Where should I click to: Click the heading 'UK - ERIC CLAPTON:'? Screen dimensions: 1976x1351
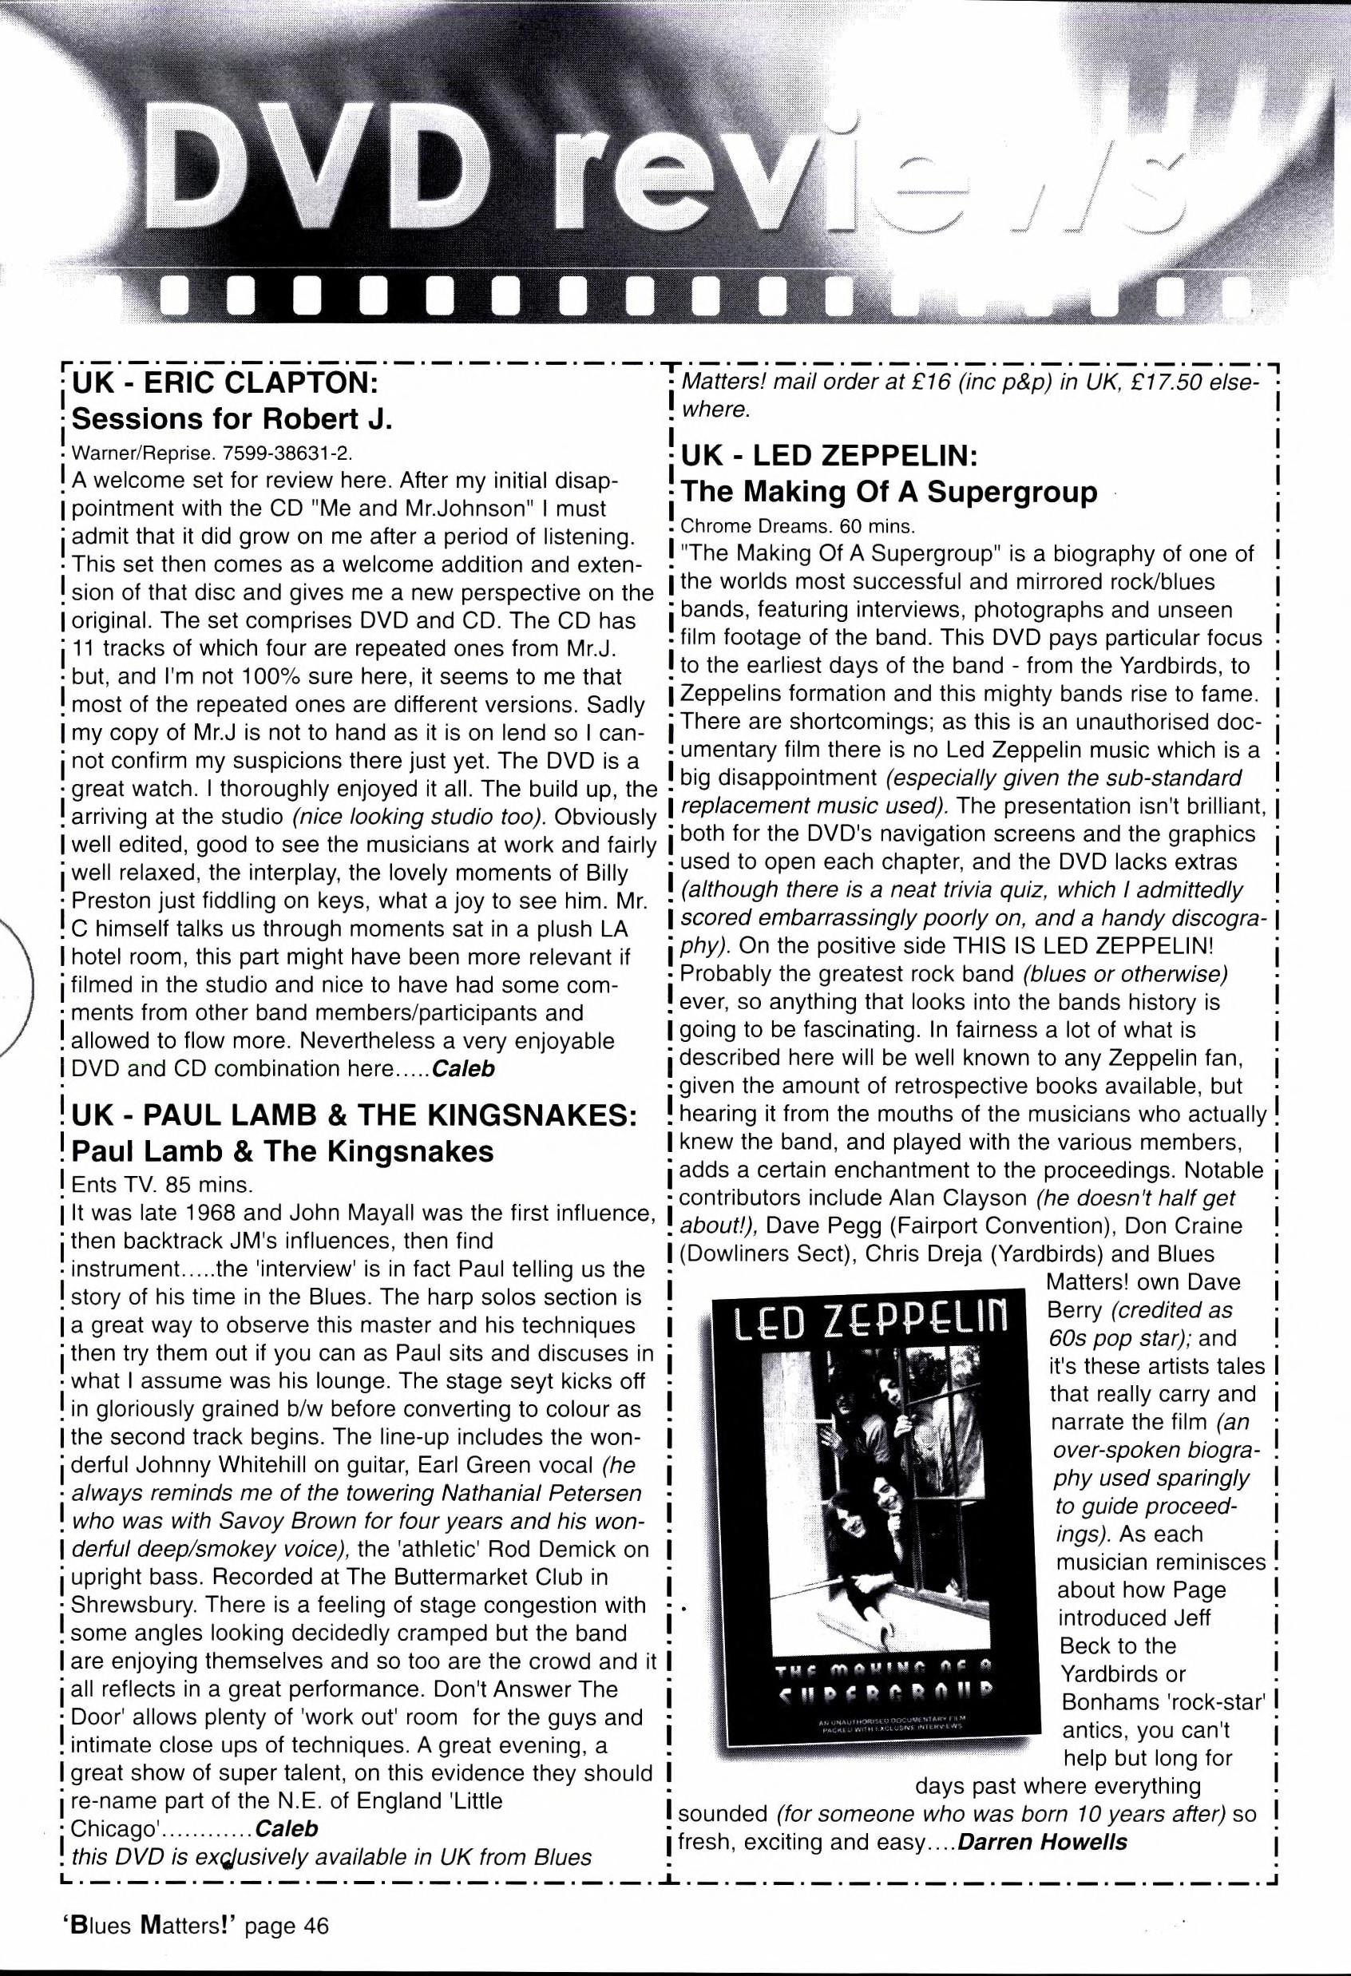(225, 382)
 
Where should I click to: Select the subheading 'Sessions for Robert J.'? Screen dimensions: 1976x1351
(232, 419)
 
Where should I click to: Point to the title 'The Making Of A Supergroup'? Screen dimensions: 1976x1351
(889, 492)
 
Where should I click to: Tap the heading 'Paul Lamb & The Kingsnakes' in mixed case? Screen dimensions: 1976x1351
(283, 1150)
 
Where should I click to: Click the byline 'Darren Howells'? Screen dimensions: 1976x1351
(1042, 1843)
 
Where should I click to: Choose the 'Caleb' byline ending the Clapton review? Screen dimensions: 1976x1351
(463, 1069)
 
